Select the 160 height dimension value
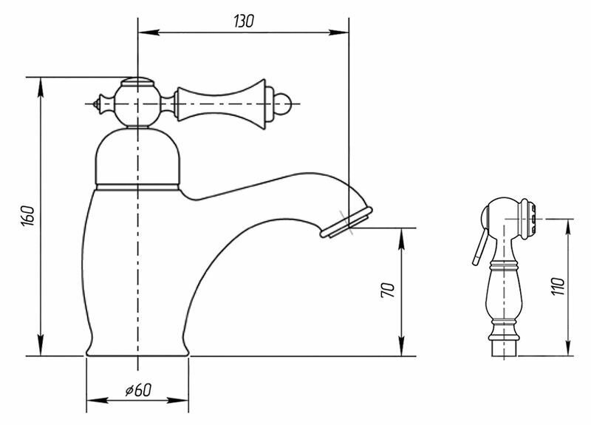coord(27,217)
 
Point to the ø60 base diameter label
coord(138,390)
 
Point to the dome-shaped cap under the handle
coord(138,155)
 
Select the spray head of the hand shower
coord(510,214)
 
